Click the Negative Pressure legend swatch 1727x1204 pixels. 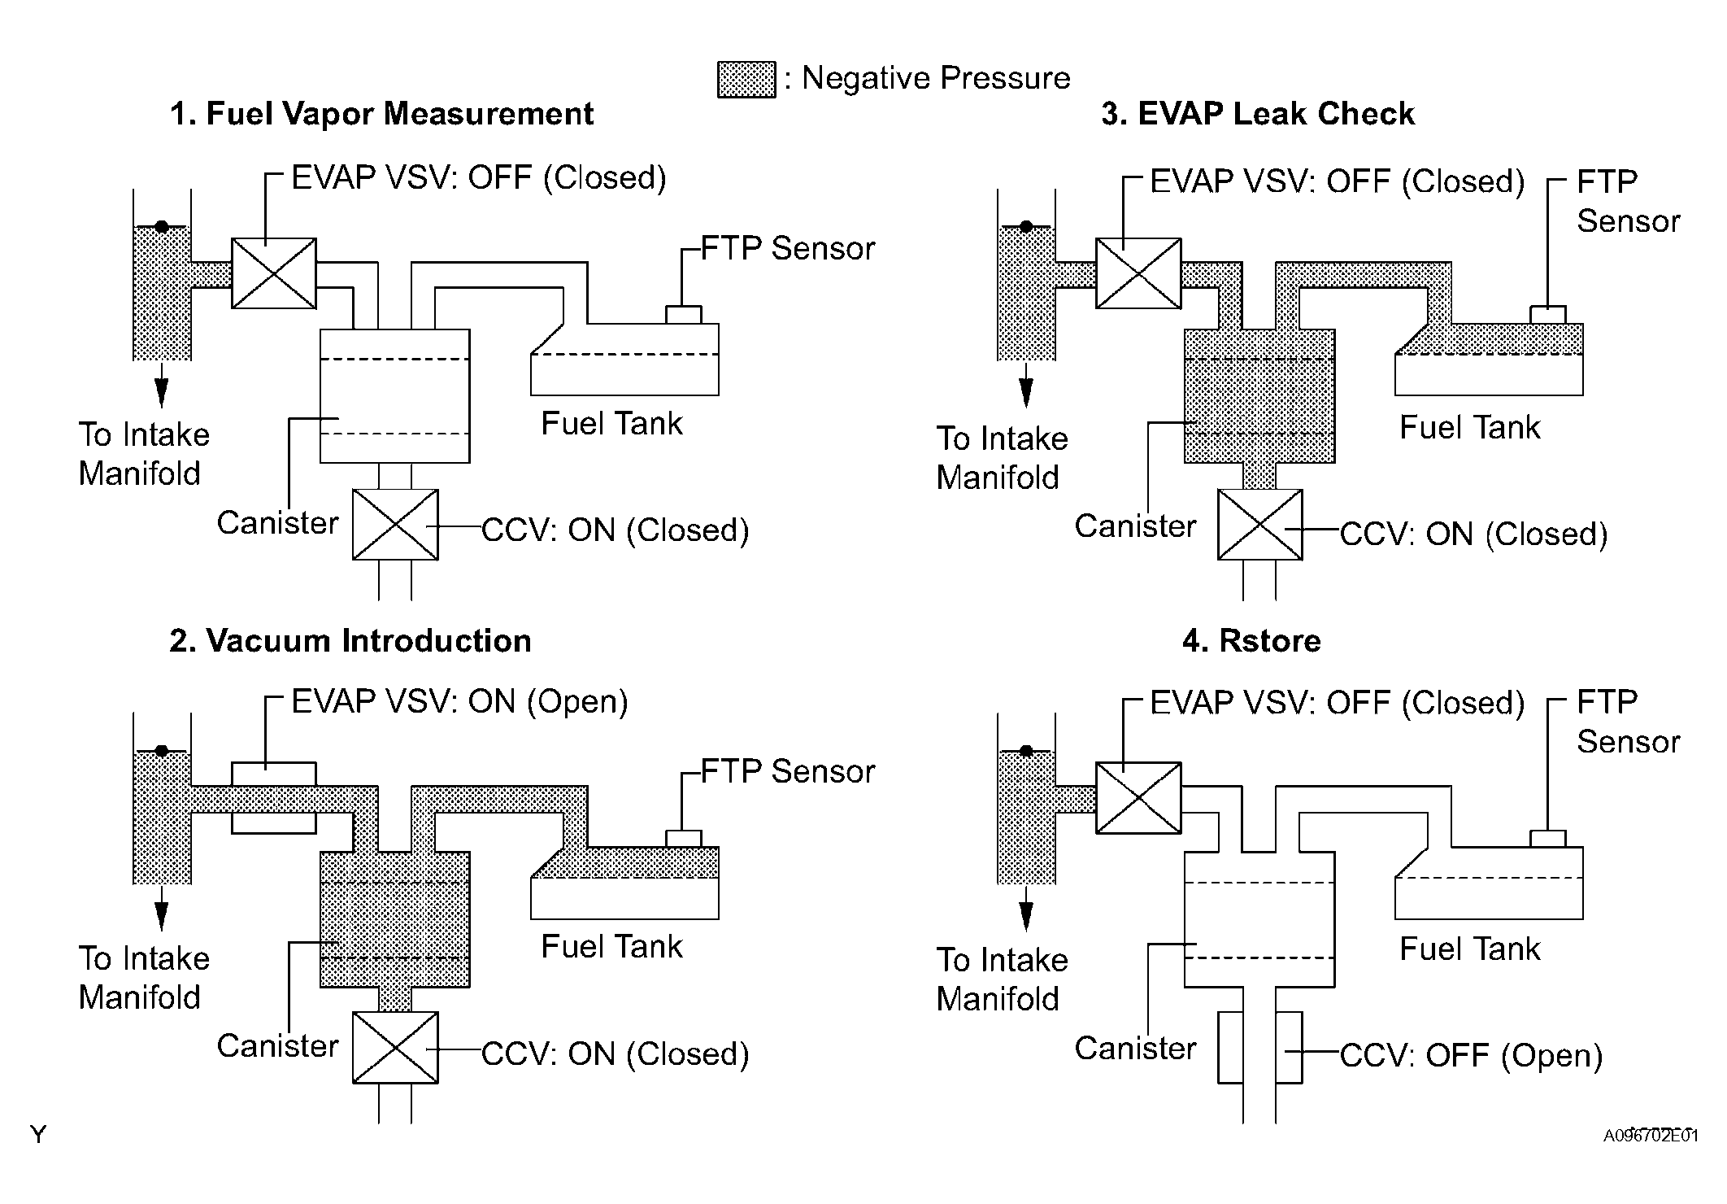point(746,80)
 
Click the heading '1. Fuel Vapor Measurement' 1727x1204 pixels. point(381,114)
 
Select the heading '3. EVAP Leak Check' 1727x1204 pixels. point(1258,114)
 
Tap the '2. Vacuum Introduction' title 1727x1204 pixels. point(350,641)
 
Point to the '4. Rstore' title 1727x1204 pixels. point(1251,641)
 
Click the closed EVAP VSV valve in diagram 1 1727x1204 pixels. point(274,273)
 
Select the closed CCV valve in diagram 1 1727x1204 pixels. point(395,525)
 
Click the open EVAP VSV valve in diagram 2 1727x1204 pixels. point(274,798)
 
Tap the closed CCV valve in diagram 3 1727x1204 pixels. point(1259,525)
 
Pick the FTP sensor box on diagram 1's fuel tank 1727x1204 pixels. point(683,315)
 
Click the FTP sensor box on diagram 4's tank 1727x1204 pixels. point(1547,839)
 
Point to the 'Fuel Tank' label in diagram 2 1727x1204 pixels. point(611,947)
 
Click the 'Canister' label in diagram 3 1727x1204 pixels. point(1135,526)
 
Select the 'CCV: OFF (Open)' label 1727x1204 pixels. point(1471,1056)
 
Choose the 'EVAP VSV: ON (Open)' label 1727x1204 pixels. point(460,702)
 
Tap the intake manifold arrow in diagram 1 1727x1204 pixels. point(162,385)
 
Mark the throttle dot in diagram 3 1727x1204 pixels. point(1026,226)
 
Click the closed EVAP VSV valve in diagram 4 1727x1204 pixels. point(1138,798)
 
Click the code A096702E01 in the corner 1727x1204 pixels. point(1651,1136)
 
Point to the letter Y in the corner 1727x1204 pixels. point(38,1134)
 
